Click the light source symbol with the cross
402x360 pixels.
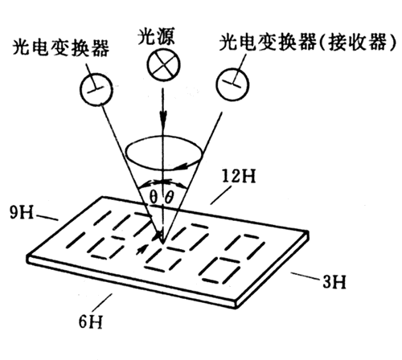point(164,64)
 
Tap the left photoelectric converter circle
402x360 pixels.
point(96,89)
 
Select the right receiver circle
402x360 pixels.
point(232,84)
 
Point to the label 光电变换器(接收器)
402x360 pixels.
point(307,42)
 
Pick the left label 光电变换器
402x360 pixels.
point(61,48)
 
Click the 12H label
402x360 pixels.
point(239,177)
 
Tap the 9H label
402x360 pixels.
point(22,213)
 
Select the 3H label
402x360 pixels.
point(334,282)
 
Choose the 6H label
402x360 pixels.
point(91,321)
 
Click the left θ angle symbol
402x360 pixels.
point(153,198)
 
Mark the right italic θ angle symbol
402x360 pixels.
point(170,198)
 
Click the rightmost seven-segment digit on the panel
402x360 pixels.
point(232,259)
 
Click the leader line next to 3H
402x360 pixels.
point(306,276)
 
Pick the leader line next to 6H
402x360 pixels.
point(102,303)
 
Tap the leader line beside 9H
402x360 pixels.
point(47,218)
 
